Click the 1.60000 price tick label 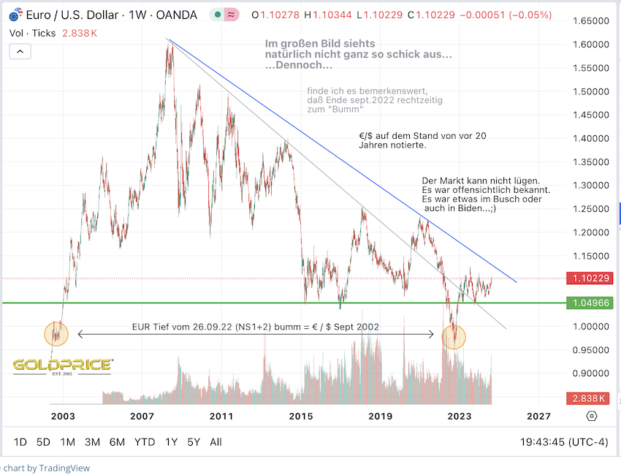590,45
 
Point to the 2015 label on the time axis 300,416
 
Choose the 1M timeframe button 68,442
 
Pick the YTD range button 144,442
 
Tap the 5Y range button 194,442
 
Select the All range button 216,442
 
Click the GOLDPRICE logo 62,365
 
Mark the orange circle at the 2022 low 454,336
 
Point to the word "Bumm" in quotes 349,109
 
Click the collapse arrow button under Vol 20,51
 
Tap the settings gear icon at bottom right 592,416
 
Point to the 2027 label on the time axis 538,416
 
